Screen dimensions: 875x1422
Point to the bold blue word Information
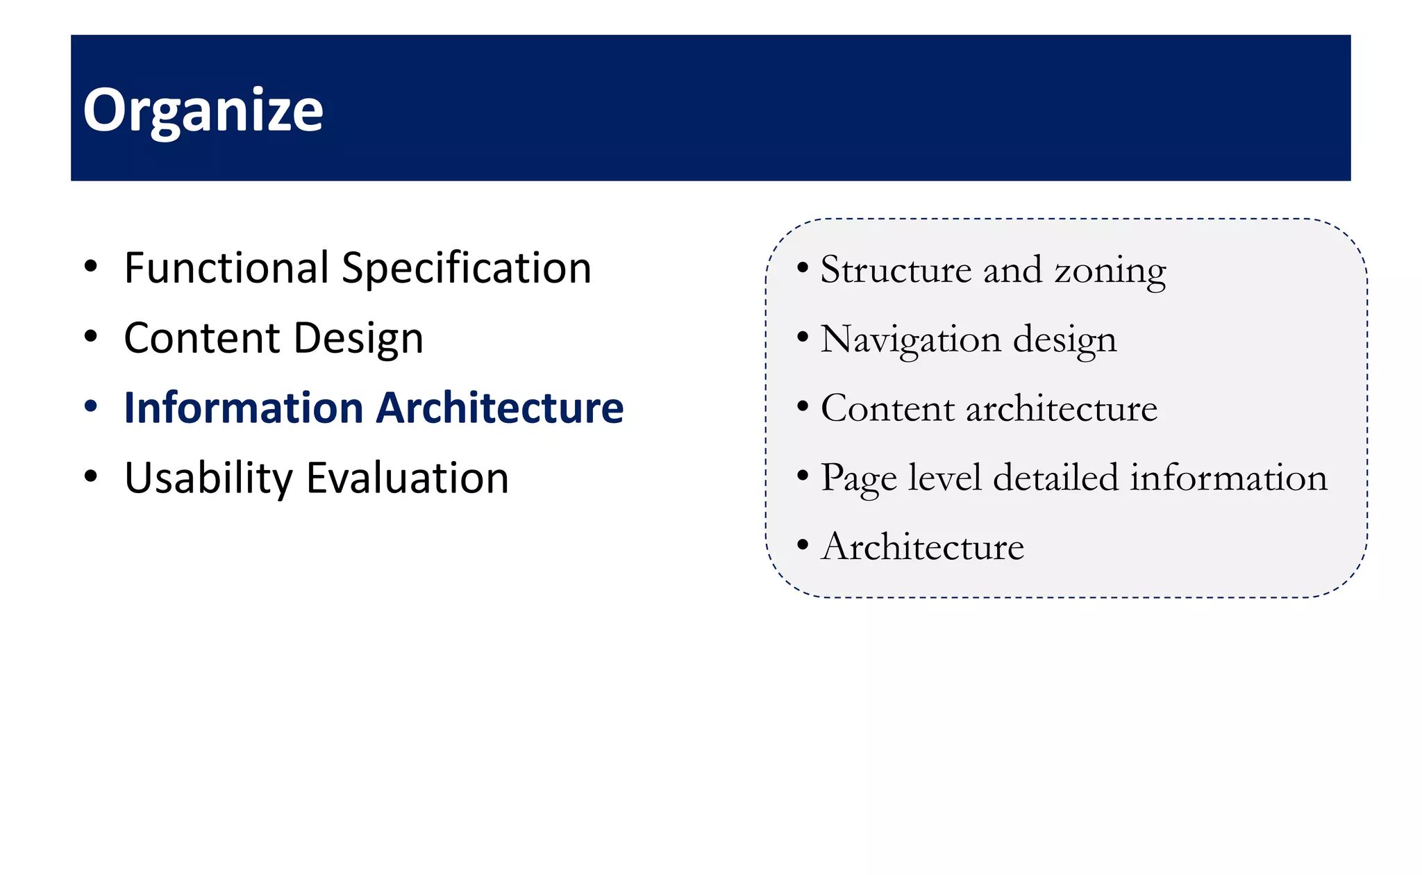[243, 408]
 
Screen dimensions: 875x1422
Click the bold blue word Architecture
[499, 408]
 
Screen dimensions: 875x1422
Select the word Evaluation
[408, 478]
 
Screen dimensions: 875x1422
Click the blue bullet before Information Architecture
[91, 407]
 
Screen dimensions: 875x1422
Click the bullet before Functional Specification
[91, 267]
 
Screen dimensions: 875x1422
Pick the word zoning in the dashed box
[1110, 271]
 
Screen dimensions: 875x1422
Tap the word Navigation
[910, 340]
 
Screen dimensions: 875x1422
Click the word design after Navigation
[1064, 340]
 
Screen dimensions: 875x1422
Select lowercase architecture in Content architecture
[1062, 408]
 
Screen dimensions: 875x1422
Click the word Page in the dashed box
[859, 478]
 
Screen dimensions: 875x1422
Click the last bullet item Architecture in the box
[923, 547]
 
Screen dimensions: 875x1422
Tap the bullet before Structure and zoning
[803, 268]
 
